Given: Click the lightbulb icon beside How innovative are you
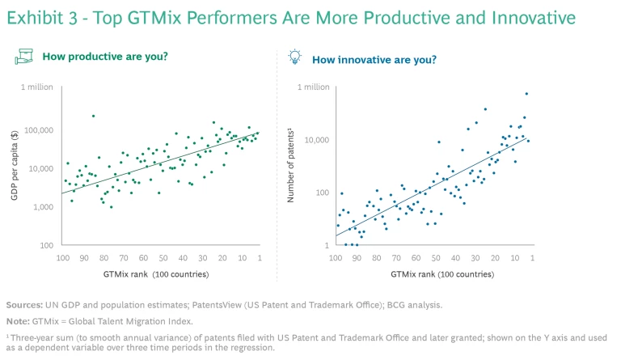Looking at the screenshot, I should [294, 57].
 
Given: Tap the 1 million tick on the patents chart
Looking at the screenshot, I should [310, 87].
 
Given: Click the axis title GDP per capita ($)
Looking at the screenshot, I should [15, 167].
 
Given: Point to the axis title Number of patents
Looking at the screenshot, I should [291, 167].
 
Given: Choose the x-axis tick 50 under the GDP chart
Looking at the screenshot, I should [163, 258].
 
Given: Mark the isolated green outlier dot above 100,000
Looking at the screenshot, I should [93, 116].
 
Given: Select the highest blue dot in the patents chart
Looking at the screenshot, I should [526, 94].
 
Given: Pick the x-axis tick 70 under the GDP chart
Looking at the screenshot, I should [124, 258].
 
